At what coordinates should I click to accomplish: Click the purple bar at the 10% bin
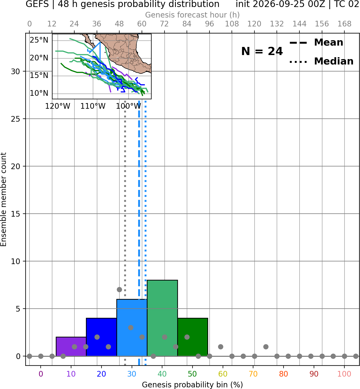point(71,346)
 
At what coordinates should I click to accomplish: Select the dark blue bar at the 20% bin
point(102,337)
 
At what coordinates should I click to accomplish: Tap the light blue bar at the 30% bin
point(132,327)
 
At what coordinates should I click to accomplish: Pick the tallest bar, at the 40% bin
point(162,318)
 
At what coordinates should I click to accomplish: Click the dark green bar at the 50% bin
point(193,337)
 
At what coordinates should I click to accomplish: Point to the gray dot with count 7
point(119,289)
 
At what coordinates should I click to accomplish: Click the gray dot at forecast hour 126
point(266,347)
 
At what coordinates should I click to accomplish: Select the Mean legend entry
point(316,43)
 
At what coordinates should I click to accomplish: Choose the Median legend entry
point(321,61)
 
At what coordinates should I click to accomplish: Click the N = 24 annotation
point(262,51)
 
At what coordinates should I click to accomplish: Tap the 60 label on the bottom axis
point(223,374)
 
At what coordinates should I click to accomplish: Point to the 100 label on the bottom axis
point(344,374)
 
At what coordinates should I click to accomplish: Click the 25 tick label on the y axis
point(16,119)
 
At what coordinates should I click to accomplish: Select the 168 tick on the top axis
point(345,24)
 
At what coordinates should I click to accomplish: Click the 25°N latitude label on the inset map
point(39,40)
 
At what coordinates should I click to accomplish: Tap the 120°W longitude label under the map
point(58,106)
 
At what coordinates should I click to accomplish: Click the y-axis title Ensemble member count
point(3,199)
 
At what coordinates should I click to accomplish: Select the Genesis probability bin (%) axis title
point(193,385)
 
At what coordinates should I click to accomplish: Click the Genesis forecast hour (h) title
point(193,15)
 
